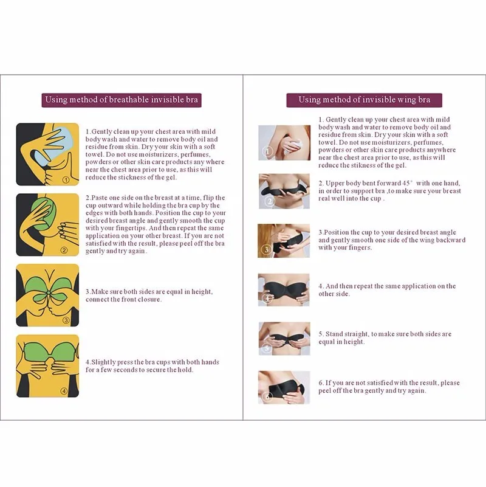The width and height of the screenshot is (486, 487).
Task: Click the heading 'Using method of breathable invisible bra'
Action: [122, 100]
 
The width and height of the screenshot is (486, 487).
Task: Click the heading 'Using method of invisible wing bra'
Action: [364, 100]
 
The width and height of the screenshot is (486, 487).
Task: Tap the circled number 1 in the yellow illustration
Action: [66, 179]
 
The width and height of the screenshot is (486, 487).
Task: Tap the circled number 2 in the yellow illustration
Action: [64, 250]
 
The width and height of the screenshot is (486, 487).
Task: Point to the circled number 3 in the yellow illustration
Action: [66, 320]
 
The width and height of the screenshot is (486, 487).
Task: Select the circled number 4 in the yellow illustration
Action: [64, 391]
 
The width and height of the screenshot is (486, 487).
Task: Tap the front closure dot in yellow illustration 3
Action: [47, 293]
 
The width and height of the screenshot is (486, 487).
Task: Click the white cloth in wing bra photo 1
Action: [296, 145]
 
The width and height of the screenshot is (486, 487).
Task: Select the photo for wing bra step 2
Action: [284, 191]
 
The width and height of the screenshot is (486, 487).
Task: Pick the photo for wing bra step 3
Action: [284, 241]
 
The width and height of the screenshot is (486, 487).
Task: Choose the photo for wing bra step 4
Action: [284, 290]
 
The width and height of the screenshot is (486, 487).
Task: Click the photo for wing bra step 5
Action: [284, 339]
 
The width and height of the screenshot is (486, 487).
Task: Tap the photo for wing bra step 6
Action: [284, 387]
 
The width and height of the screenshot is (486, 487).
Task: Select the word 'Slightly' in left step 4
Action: [103, 362]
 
